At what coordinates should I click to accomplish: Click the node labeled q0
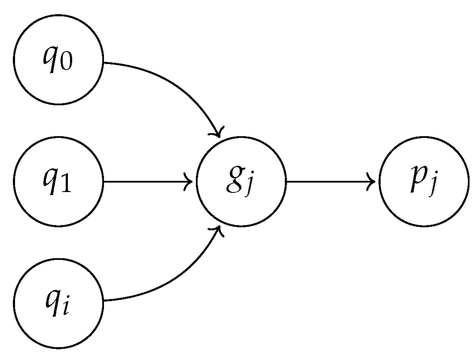58,60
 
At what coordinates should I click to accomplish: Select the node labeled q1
58,182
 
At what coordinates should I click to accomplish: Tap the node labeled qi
58,303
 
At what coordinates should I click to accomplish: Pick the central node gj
241,182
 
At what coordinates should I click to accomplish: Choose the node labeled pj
424,182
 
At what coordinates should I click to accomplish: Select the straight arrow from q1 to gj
146,182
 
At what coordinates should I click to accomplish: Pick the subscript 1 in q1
67,185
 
